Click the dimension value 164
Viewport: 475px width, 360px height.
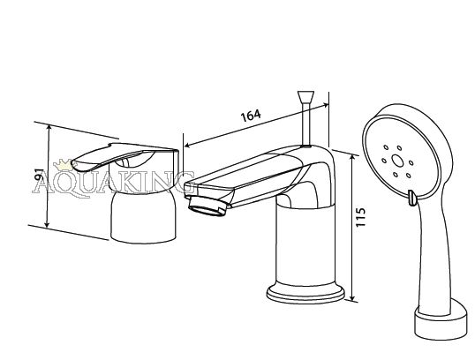tap(251, 115)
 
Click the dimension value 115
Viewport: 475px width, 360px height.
tap(360, 217)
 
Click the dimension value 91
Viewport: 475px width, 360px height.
tap(40, 176)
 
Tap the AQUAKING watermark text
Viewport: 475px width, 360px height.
tap(113, 183)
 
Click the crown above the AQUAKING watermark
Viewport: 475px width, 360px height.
tap(63, 165)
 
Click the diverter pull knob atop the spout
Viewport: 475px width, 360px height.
tap(306, 96)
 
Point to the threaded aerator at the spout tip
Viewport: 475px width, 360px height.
tap(207, 206)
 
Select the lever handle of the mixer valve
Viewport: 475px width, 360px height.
tap(124, 156)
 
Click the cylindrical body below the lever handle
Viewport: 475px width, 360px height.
tap(143, 217)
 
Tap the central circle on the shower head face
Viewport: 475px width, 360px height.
tap(397, 161)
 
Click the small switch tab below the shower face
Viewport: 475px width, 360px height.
tap(411, 199)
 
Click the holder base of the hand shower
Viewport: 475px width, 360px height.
tap(441, 322)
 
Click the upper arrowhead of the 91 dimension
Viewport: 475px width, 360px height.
tap(49, 129)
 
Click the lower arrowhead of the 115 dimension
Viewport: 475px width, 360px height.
tap(352, 297)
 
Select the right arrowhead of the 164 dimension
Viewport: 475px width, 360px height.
tap(325, 106)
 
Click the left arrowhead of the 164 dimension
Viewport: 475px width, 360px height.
tap(188, 145)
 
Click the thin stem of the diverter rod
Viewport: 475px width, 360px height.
tap(306, 124)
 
